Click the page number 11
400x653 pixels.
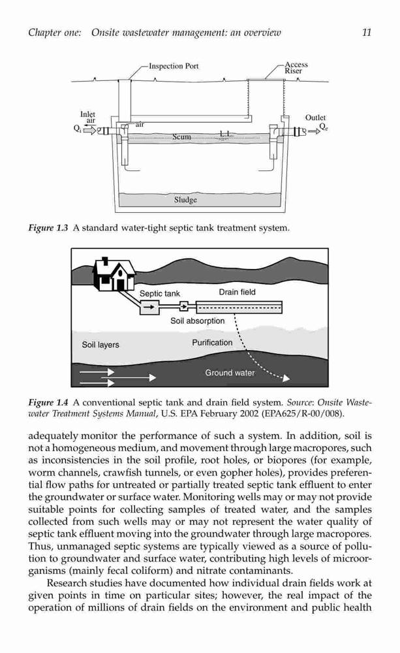[366, 33]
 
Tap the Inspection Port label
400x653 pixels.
[174, 66]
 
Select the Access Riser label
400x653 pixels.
[296, 67]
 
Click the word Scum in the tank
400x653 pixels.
[181, 136]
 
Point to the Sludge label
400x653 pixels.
[185, 200]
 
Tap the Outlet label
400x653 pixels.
[316, 118]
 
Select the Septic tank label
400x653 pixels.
[160, 294]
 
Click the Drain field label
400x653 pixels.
[238, 292]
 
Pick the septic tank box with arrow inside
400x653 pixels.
[149, 308]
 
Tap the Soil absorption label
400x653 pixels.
[197, 321]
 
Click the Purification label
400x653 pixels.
[212, 343]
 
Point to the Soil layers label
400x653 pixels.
[100, 345]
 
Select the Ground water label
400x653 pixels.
[230, 373]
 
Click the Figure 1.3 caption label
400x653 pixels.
[48, 228]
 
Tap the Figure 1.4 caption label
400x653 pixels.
[48, 403]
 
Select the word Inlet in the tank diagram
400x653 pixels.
[87, 114]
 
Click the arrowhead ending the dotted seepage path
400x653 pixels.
[286, 379]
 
